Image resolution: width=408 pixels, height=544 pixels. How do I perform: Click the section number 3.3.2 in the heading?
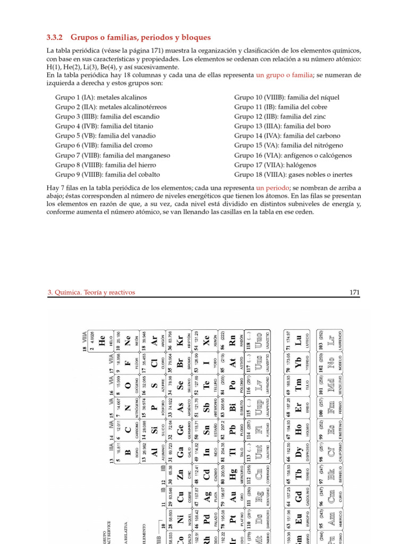click(x=55, y=37)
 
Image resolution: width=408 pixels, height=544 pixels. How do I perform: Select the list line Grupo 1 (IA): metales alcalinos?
click(x=101, y=98)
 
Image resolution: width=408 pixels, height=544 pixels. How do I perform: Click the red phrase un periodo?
click(x=273, y=188)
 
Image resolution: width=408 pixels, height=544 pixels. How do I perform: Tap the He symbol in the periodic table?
click(x=103, y=343)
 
